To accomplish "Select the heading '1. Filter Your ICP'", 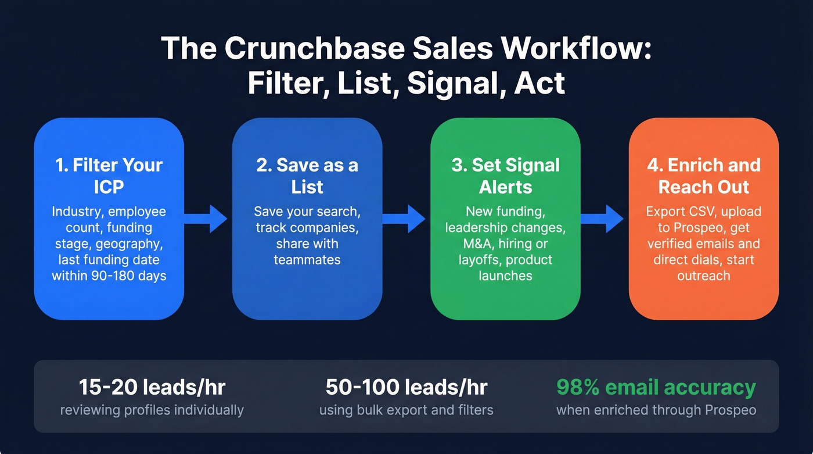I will pos(109,176).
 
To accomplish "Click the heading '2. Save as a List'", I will pos(307,176).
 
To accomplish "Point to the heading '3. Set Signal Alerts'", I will pos(505,176).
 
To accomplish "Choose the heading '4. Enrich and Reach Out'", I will pos(704,176).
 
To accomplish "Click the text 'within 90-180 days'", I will pos(109,276).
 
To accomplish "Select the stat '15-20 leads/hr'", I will pos(152,387).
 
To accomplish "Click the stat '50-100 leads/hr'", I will pos(406,387).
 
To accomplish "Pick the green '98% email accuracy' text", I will pos(656,387).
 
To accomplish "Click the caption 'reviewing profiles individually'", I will pos(152,410).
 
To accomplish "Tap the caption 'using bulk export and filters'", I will pos(406,410).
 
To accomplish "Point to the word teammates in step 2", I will pos(307,259).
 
